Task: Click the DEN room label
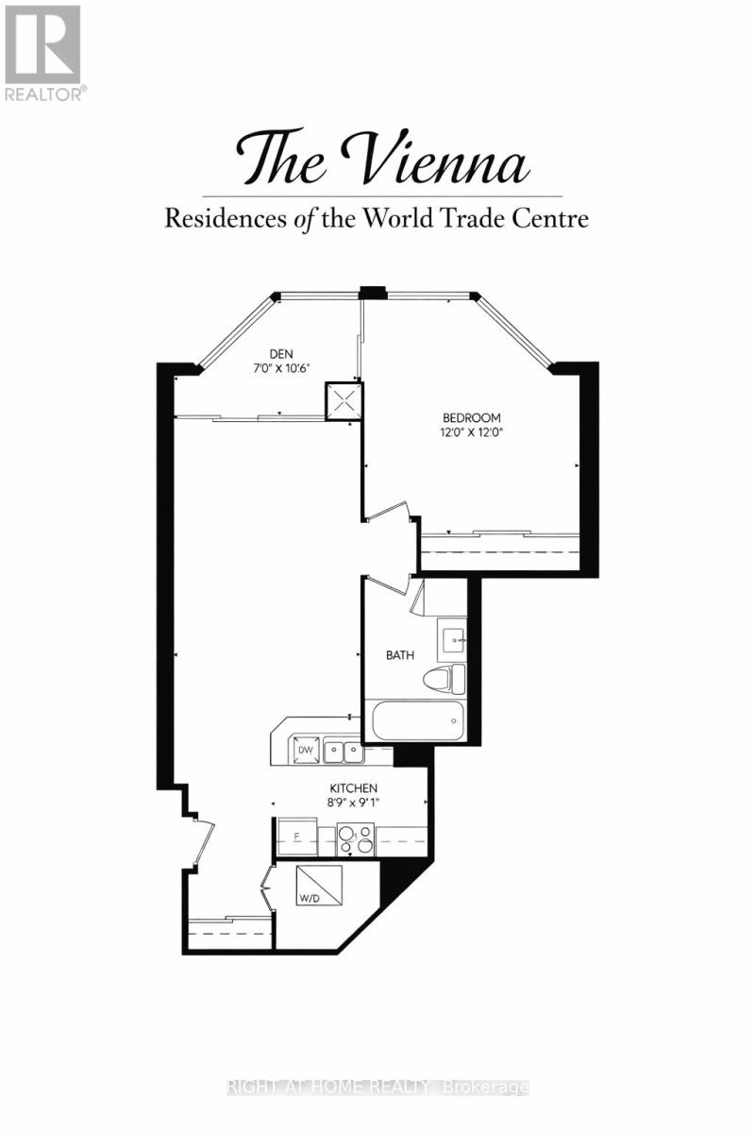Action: click(281, 354)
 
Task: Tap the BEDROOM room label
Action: click(472, 417)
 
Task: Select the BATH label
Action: click(400, 655)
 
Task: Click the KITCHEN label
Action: click(354, 788)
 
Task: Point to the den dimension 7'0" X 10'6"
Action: click(281, 369)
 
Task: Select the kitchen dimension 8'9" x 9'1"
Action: click(354, 803)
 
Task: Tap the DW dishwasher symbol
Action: click(305, 750)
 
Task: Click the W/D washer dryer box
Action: click(319, 886)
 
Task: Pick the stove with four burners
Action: click(356, 840)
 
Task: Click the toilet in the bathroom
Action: click(444, 680)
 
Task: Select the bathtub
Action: click(418, 720)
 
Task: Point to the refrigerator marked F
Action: click(297, 838)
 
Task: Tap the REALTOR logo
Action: click(43, 53)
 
